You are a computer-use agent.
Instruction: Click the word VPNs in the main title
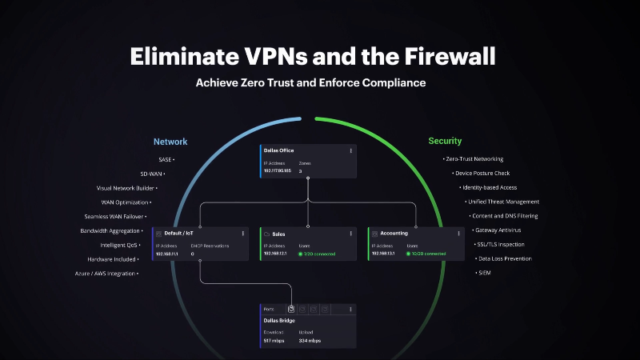pyautogui.click(x=252, y=57)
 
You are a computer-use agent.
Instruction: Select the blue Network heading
pyautogui.click(x=170, y=142)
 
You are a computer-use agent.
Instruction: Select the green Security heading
pyautogui.click(x=445, y=142)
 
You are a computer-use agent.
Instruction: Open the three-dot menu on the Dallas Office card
pyautogui.click(x=350, y=150)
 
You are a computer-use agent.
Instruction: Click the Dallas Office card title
pyautogui.click(x=279, y=150)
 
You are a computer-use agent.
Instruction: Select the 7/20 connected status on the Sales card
pyautogui.click(x=318, y=254)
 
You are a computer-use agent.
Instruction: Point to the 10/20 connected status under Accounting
pyautogui.click(x=427, y=254)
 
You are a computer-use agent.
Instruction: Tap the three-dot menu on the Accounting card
pyautogui.click(x=458, y=234)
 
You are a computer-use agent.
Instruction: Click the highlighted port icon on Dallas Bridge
pyautogui.click(x=292, y=309)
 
